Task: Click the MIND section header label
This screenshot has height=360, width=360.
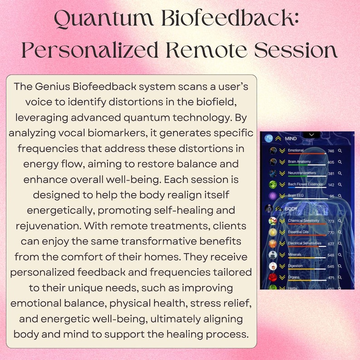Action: click(x=291, y=138)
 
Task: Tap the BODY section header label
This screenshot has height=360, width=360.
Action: click(x=291, y=209)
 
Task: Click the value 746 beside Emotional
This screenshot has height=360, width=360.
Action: click(x=331, y=150)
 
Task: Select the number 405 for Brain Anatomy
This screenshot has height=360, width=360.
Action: click(x=331, y=162)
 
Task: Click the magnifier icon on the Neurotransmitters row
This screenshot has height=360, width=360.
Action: click(x=340, y=174)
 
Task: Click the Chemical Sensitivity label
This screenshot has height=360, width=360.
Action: click(x=304, y=221)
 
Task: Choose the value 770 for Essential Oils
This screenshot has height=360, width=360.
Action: click(x=331, y=233)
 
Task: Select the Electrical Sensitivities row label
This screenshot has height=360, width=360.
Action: click(x=305, y=243)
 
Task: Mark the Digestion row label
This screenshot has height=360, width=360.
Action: click(x=296, y=266)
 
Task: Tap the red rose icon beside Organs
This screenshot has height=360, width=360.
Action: click(x=273, y=277)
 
